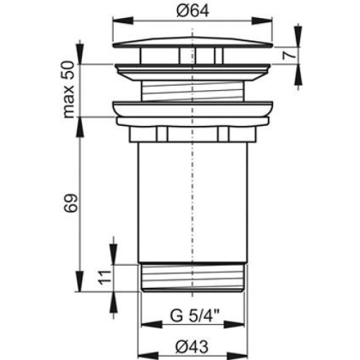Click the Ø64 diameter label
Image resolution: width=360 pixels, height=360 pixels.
point(193,11)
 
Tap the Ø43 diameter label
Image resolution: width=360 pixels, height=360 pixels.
point(192,346)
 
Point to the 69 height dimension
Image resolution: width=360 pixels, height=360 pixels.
point(71,203)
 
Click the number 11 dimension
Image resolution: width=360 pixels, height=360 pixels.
point(104,277)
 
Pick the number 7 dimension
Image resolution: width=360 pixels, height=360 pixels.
point(289,55)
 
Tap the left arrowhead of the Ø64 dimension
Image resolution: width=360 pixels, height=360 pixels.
point(122,20)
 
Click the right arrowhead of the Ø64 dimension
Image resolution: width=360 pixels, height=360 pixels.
point(262,20)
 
